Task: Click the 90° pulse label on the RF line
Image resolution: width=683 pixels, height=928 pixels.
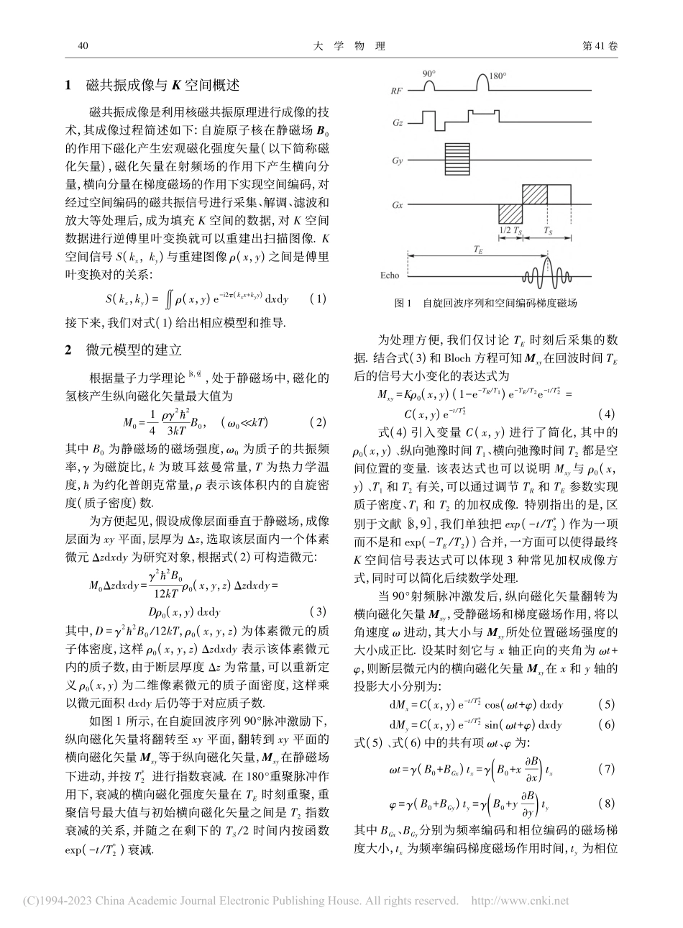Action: pyautogui.click(x=429, y=74)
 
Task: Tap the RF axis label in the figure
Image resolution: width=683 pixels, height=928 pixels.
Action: pyautogui.click(x=395, y=92)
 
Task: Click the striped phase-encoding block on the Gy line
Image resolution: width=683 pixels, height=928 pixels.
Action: pyautogui.click(x=456, y=155)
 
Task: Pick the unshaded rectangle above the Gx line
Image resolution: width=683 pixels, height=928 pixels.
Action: pyautogui.click(x=560, y=195)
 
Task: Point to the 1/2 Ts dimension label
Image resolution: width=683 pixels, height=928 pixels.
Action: pyautogui.click(x=510, y=232)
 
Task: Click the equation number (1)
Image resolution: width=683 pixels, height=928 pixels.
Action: pyautogui.click(x=317, y=298)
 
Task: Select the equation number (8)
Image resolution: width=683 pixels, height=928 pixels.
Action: pyautogui.click(x=606, y=800)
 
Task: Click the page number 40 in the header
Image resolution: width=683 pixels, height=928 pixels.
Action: pyautogui.click(x=81, y=46)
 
